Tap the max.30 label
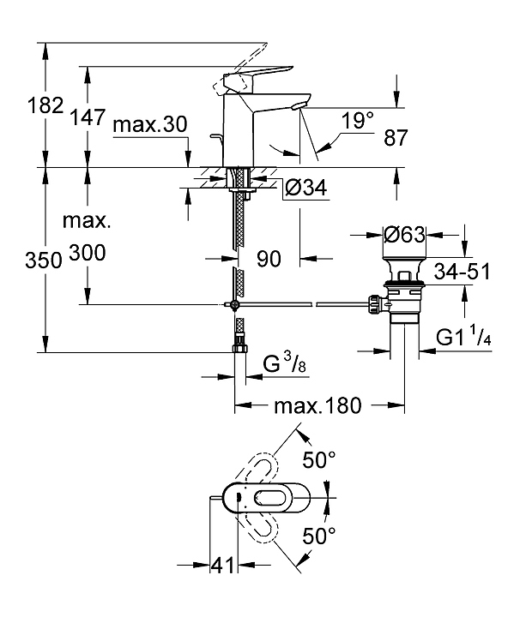point(149,125)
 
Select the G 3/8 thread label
point(283,367)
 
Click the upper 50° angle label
point(318,461)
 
